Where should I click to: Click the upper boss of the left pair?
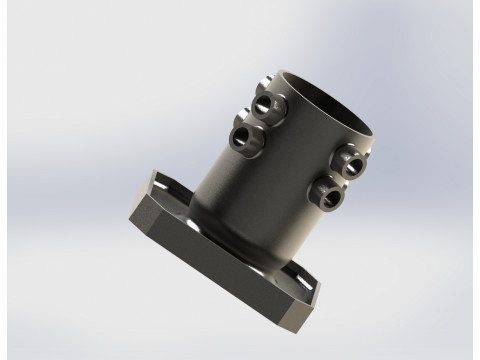267,104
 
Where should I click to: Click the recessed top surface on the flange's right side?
300,279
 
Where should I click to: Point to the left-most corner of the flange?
130,213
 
